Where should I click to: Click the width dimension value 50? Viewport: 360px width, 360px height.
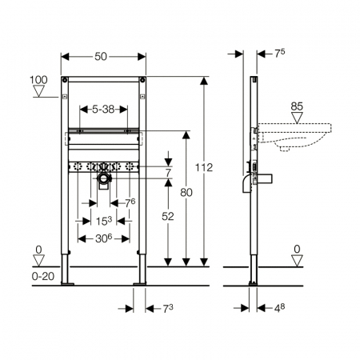(101, 57)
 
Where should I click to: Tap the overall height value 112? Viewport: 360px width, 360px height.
(204, 167)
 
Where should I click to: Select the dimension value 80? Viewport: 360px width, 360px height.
(186, 192)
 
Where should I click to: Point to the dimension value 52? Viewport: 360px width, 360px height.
(168, 216)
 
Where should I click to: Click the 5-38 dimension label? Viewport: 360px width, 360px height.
(103, 109)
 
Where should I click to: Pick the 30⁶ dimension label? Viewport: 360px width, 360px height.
(103, 238)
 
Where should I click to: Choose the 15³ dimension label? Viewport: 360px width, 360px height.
(104, 221)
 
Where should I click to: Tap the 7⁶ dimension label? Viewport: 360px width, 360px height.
(130, 203)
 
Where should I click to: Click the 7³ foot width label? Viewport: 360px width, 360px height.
(168, 309)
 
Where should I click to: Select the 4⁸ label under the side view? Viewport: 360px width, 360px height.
(279, 308)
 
